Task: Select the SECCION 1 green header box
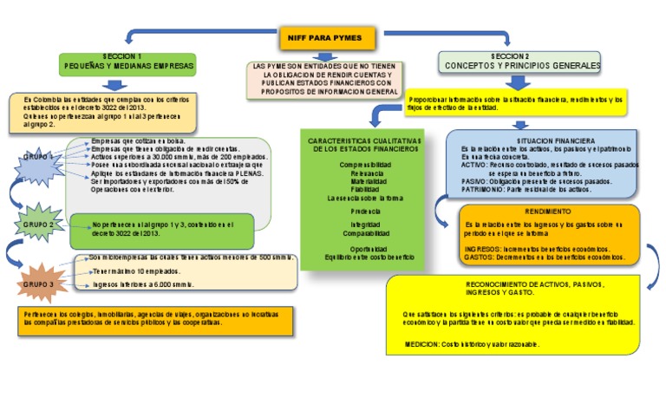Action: click(127, 62)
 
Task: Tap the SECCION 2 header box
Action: click(518, 62)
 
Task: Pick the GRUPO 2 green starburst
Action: click(39, 224)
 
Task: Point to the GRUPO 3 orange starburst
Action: click(38, 283)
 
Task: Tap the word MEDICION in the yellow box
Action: click(422, 344)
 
